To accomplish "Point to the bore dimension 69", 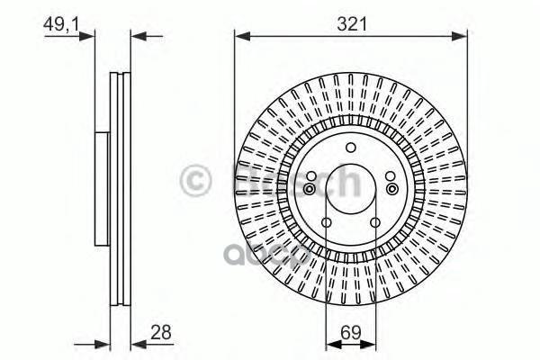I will click(x=351, y=331).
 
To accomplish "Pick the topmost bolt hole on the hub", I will click(x=351, y=147).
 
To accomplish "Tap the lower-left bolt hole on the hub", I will click(x=327, y=224).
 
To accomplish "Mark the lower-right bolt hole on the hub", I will click(x=375, y=224).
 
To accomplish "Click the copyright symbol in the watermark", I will click(x=197, y=181).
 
